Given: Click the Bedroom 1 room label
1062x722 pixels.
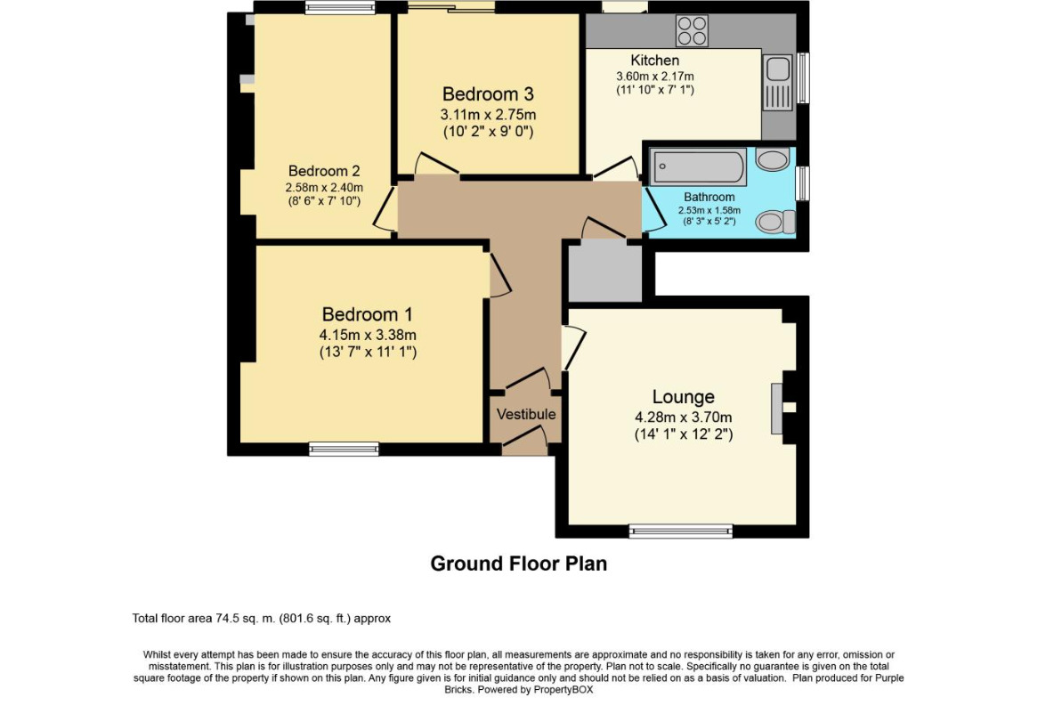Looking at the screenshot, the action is [x=367, y=314].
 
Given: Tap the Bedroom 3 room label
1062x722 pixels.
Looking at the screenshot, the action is [x=488, y=93].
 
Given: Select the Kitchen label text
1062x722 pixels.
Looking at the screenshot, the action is [x=654, y=61].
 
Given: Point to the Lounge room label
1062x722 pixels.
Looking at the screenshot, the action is [x=683, y=396].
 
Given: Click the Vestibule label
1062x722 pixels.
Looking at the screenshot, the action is [x=525, y=414].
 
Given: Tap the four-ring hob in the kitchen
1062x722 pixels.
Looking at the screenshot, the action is [x=692, y=30].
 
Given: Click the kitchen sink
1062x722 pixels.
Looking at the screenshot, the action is [x=777, y=82].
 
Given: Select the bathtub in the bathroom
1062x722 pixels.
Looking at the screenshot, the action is [x=698, y=166].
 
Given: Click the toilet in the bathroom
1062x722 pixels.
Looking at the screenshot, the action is [x=774, y=222].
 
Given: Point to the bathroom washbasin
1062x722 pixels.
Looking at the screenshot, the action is [x=772, y=160].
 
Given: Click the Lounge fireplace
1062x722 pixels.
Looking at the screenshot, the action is [x=777, y=409].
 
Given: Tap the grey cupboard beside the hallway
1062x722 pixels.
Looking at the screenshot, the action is [x=604, y=272].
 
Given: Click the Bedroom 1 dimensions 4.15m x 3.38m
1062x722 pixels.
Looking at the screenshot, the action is [x=367, y=335].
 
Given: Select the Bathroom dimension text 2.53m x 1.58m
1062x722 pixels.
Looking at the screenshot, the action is [x=709, y=210].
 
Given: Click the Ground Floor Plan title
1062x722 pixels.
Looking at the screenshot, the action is [x=519, y=564].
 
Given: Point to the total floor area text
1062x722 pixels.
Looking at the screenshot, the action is [x=262, y=619].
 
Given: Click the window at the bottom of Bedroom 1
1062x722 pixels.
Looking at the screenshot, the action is [x=344, y=449].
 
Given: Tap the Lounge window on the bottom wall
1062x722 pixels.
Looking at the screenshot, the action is [x=681, y=531].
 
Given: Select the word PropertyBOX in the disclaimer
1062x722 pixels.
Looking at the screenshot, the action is [x=563, y=689].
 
